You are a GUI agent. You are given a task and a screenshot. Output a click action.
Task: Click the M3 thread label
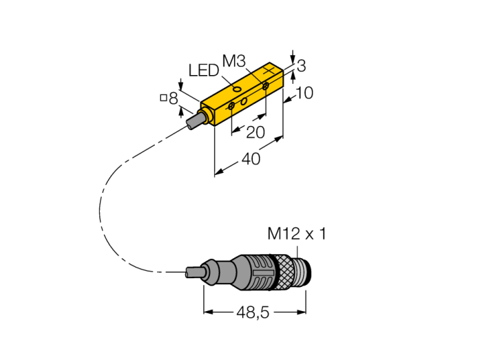pos(234,62)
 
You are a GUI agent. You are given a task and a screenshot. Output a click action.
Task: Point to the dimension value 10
pos(303,92)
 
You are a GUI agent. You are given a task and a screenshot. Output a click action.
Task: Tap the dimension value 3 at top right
pos(301,65)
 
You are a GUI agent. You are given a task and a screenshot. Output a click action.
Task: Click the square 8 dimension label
pos(169,98)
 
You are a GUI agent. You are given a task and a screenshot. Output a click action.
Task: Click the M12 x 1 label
pos(297,234)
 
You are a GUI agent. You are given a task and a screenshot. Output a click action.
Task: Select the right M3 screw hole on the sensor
pos(265,86)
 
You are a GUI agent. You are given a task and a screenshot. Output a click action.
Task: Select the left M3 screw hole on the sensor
pos(231,105)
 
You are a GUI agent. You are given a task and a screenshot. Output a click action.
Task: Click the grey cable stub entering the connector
pos(196,273)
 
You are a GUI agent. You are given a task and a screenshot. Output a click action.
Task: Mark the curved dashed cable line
pos(103,207)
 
